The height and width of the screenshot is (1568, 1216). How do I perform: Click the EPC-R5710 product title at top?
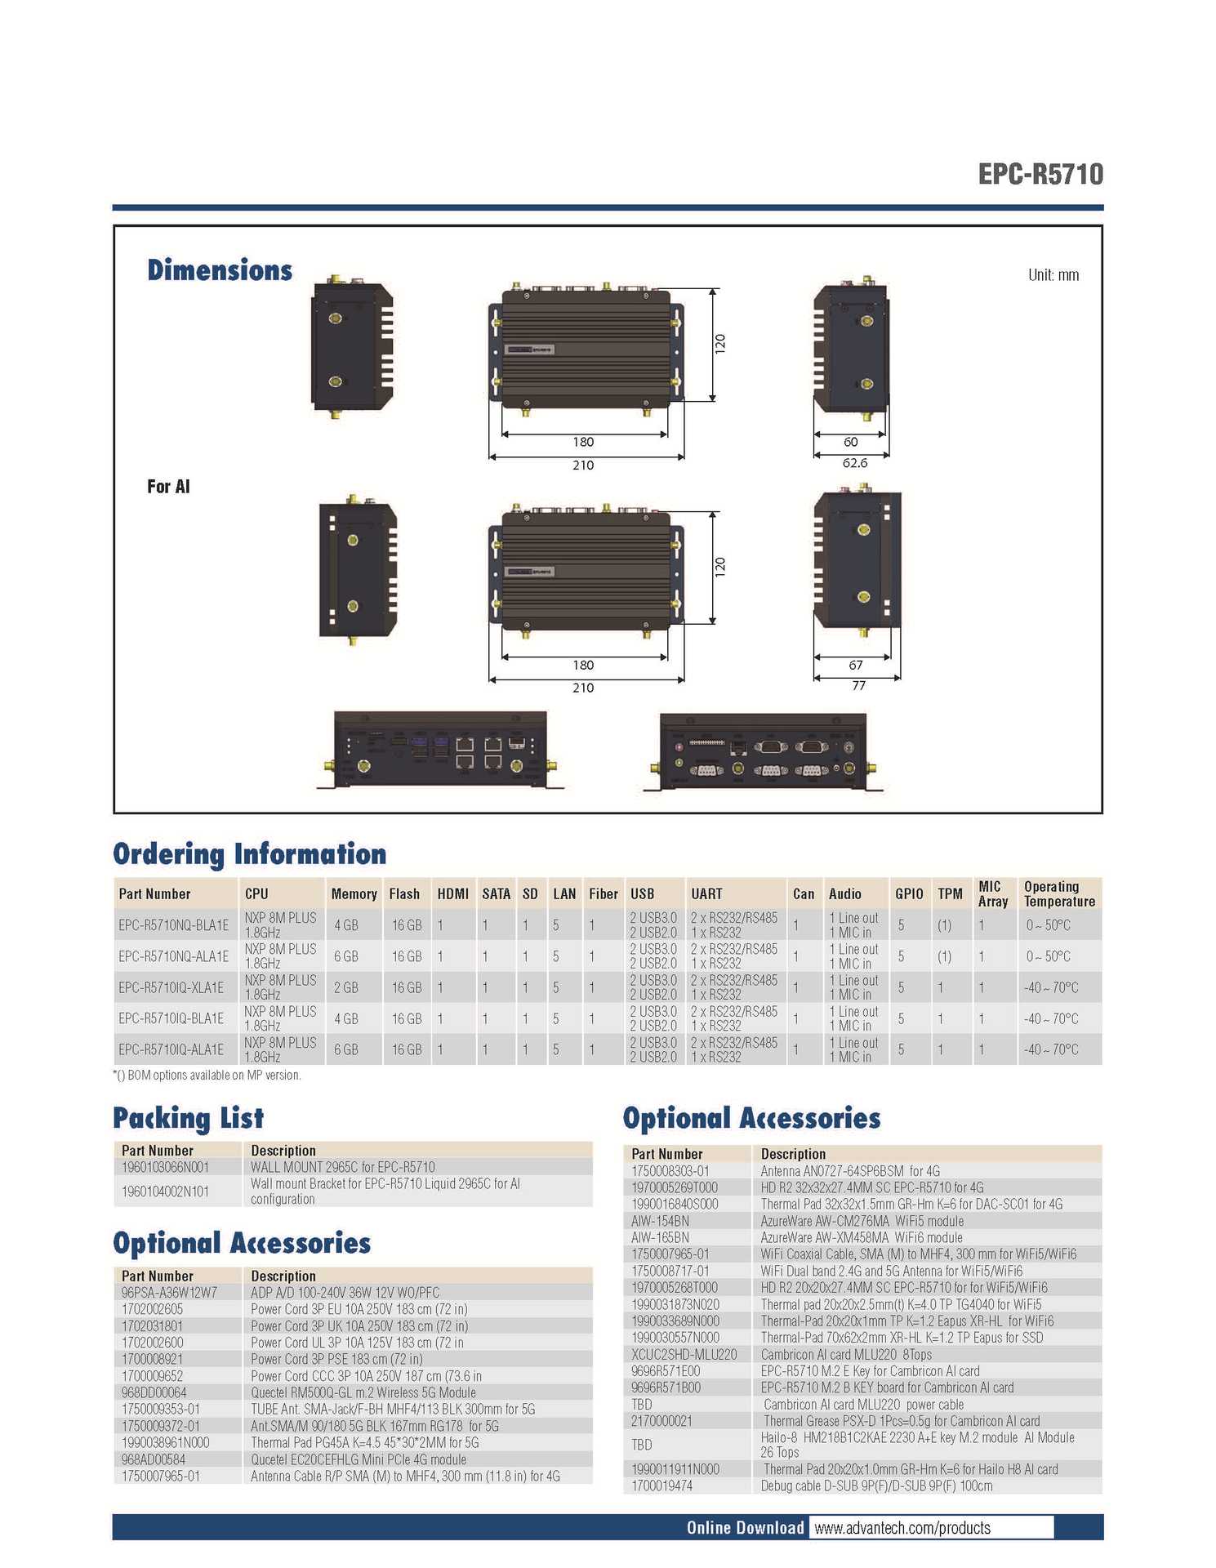click(1040, 174)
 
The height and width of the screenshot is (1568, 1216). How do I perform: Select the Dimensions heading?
click(220, 270)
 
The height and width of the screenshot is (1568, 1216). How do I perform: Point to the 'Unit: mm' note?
click(1053, 275)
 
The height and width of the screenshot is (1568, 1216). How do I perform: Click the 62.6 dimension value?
click(854, 463)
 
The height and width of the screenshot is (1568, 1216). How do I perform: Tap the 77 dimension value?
click(858, 686)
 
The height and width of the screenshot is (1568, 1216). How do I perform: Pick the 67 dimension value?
click(855, 665)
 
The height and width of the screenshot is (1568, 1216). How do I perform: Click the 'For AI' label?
click(168, 487)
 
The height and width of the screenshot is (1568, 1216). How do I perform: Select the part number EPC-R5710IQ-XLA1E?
click(171, 987)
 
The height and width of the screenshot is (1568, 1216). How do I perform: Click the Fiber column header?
click(603, 894)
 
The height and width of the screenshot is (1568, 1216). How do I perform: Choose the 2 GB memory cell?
click(345, 987)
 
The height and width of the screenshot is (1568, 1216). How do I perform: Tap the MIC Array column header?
click(992, 893)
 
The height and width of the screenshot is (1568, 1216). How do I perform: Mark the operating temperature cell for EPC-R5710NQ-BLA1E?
click(1048, 925)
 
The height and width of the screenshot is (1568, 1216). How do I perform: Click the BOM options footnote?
click(207, 1076)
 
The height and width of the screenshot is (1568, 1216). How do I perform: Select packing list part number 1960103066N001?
click(165, 1167)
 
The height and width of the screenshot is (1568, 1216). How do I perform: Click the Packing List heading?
click(188, 1118)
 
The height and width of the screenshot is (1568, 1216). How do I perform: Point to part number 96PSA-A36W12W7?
click(169, 1293)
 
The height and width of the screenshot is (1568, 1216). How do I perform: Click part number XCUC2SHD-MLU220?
click(684, 1354)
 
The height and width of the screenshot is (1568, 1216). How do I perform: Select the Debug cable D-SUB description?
click(876, 1486)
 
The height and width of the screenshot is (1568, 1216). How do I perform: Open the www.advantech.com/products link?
click(902, 1528)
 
